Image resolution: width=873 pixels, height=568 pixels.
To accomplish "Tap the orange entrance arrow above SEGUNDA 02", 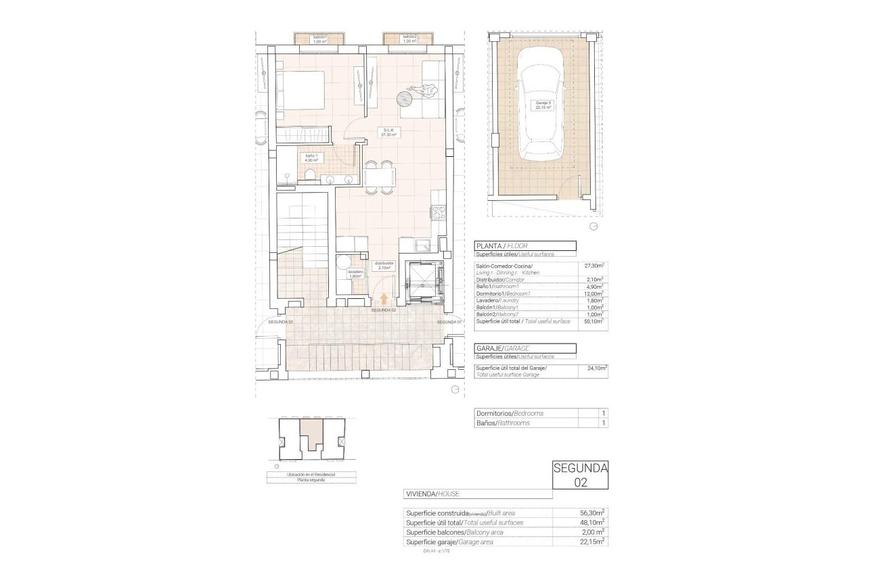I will click(384, 299).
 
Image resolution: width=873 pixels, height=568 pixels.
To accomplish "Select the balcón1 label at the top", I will click(319, 39).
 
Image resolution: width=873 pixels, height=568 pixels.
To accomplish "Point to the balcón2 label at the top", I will click(409, 39).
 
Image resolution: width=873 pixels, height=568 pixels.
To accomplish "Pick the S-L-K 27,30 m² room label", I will click(388, 133).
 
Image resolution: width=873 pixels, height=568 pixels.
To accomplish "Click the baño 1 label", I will click(311, 158).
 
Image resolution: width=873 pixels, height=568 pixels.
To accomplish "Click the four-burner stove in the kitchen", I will click(438, 212).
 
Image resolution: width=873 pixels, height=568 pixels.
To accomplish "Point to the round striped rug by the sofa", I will click(405, 97).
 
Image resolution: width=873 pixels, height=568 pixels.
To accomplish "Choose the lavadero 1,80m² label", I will click(356, 274).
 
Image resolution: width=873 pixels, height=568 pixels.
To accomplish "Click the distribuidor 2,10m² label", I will click(384, 266).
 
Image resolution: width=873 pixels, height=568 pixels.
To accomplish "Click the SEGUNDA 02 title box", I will click(580, 475).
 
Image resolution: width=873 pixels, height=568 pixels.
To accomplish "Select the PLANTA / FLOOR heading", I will click(525, 246).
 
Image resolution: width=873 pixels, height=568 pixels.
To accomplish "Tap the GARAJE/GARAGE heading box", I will click(525, 348).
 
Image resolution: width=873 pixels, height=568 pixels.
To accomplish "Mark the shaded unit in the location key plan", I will click(311, 433).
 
